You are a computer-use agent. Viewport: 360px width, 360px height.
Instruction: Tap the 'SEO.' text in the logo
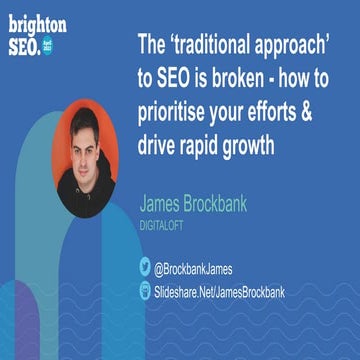pos(27,45)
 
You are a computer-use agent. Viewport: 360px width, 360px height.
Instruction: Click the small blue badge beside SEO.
pos(57,46)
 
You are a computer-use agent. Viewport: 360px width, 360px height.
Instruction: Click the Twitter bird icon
pos(144,266)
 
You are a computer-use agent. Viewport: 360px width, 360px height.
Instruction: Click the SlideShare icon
pos(144,289)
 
